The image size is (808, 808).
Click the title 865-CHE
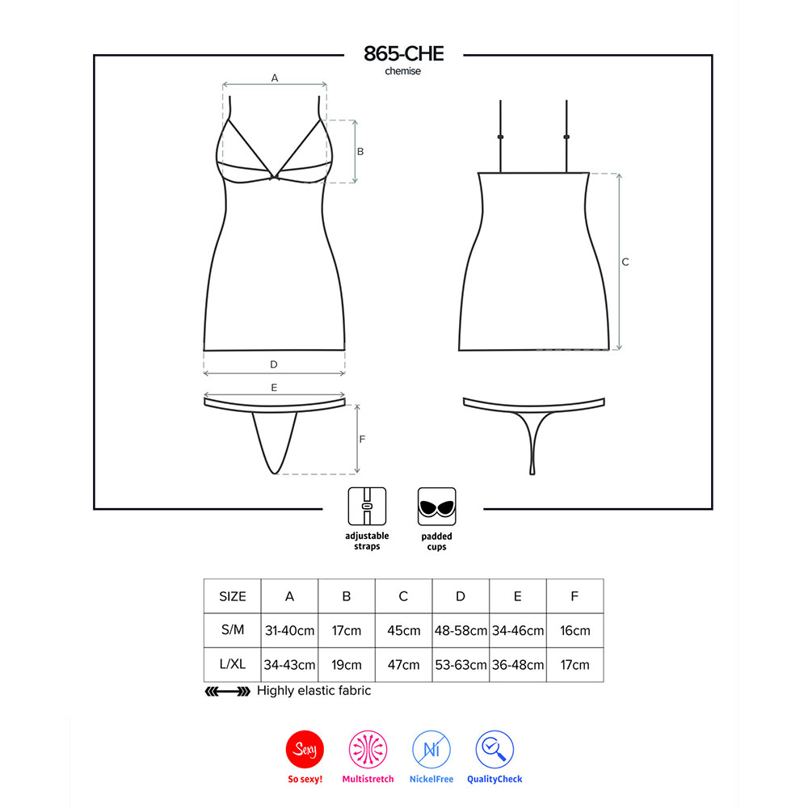[403, 53]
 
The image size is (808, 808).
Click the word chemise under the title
[403, 71]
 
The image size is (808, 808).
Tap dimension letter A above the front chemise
[275, 78]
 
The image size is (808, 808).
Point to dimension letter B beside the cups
[360, 152]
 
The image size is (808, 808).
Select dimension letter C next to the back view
[625, 262]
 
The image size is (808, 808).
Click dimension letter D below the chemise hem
[274, 364]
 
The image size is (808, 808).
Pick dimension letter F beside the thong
[362, 439]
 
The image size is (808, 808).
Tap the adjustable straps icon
[367, 506]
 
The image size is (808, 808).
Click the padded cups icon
[436, 506]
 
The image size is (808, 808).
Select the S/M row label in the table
[233, 629]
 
